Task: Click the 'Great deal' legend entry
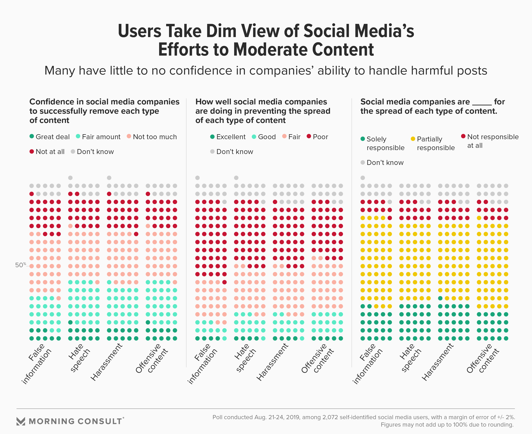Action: point(49,137)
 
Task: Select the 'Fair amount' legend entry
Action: point(98,137)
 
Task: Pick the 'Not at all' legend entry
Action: point(47,152)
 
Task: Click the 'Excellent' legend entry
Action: point(228,137)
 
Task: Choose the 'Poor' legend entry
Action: point(317,137)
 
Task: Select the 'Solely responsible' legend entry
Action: point(382,143)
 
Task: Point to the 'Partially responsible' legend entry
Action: point(433,143)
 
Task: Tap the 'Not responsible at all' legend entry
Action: point(490,141)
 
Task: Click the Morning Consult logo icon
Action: point(21,421)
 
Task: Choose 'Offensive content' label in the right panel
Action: point(483,358)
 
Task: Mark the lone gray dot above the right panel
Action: point(363,178)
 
